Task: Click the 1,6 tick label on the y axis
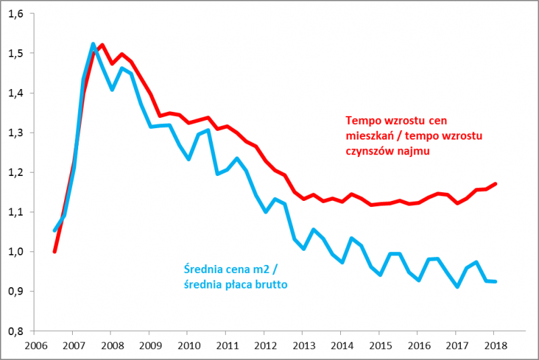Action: tap(15, 13)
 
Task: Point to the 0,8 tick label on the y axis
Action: tap(15, 331)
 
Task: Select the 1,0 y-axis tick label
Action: tap(15, 251)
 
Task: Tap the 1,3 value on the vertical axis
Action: tap(15, 133)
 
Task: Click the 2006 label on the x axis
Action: tap(36, 344)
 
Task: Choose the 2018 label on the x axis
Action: tap(493, 344)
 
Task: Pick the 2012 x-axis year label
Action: tap(264, 344)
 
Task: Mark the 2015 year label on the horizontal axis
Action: tap(379, 344)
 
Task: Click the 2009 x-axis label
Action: tap(150, 344)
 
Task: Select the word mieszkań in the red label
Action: tap(369, 137)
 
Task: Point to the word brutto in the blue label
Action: tap(269, 285)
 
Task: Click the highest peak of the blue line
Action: tap(93, 44)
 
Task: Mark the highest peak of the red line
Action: tap(102, 45)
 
